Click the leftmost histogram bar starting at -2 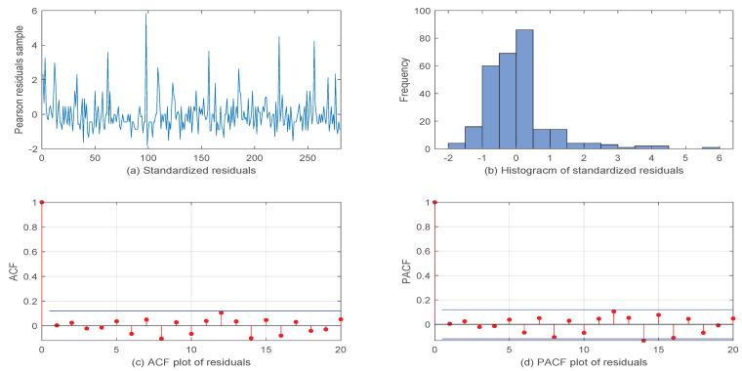[456, 145]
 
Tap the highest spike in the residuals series [145, 15]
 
